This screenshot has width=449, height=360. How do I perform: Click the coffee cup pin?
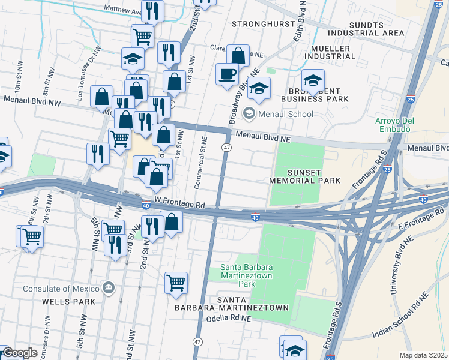pos(227,74)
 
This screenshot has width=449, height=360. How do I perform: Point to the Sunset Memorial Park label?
pos(304,176)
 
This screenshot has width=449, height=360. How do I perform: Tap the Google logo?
pos(20,353)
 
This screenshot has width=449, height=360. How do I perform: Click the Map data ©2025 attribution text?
pos(424,355)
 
